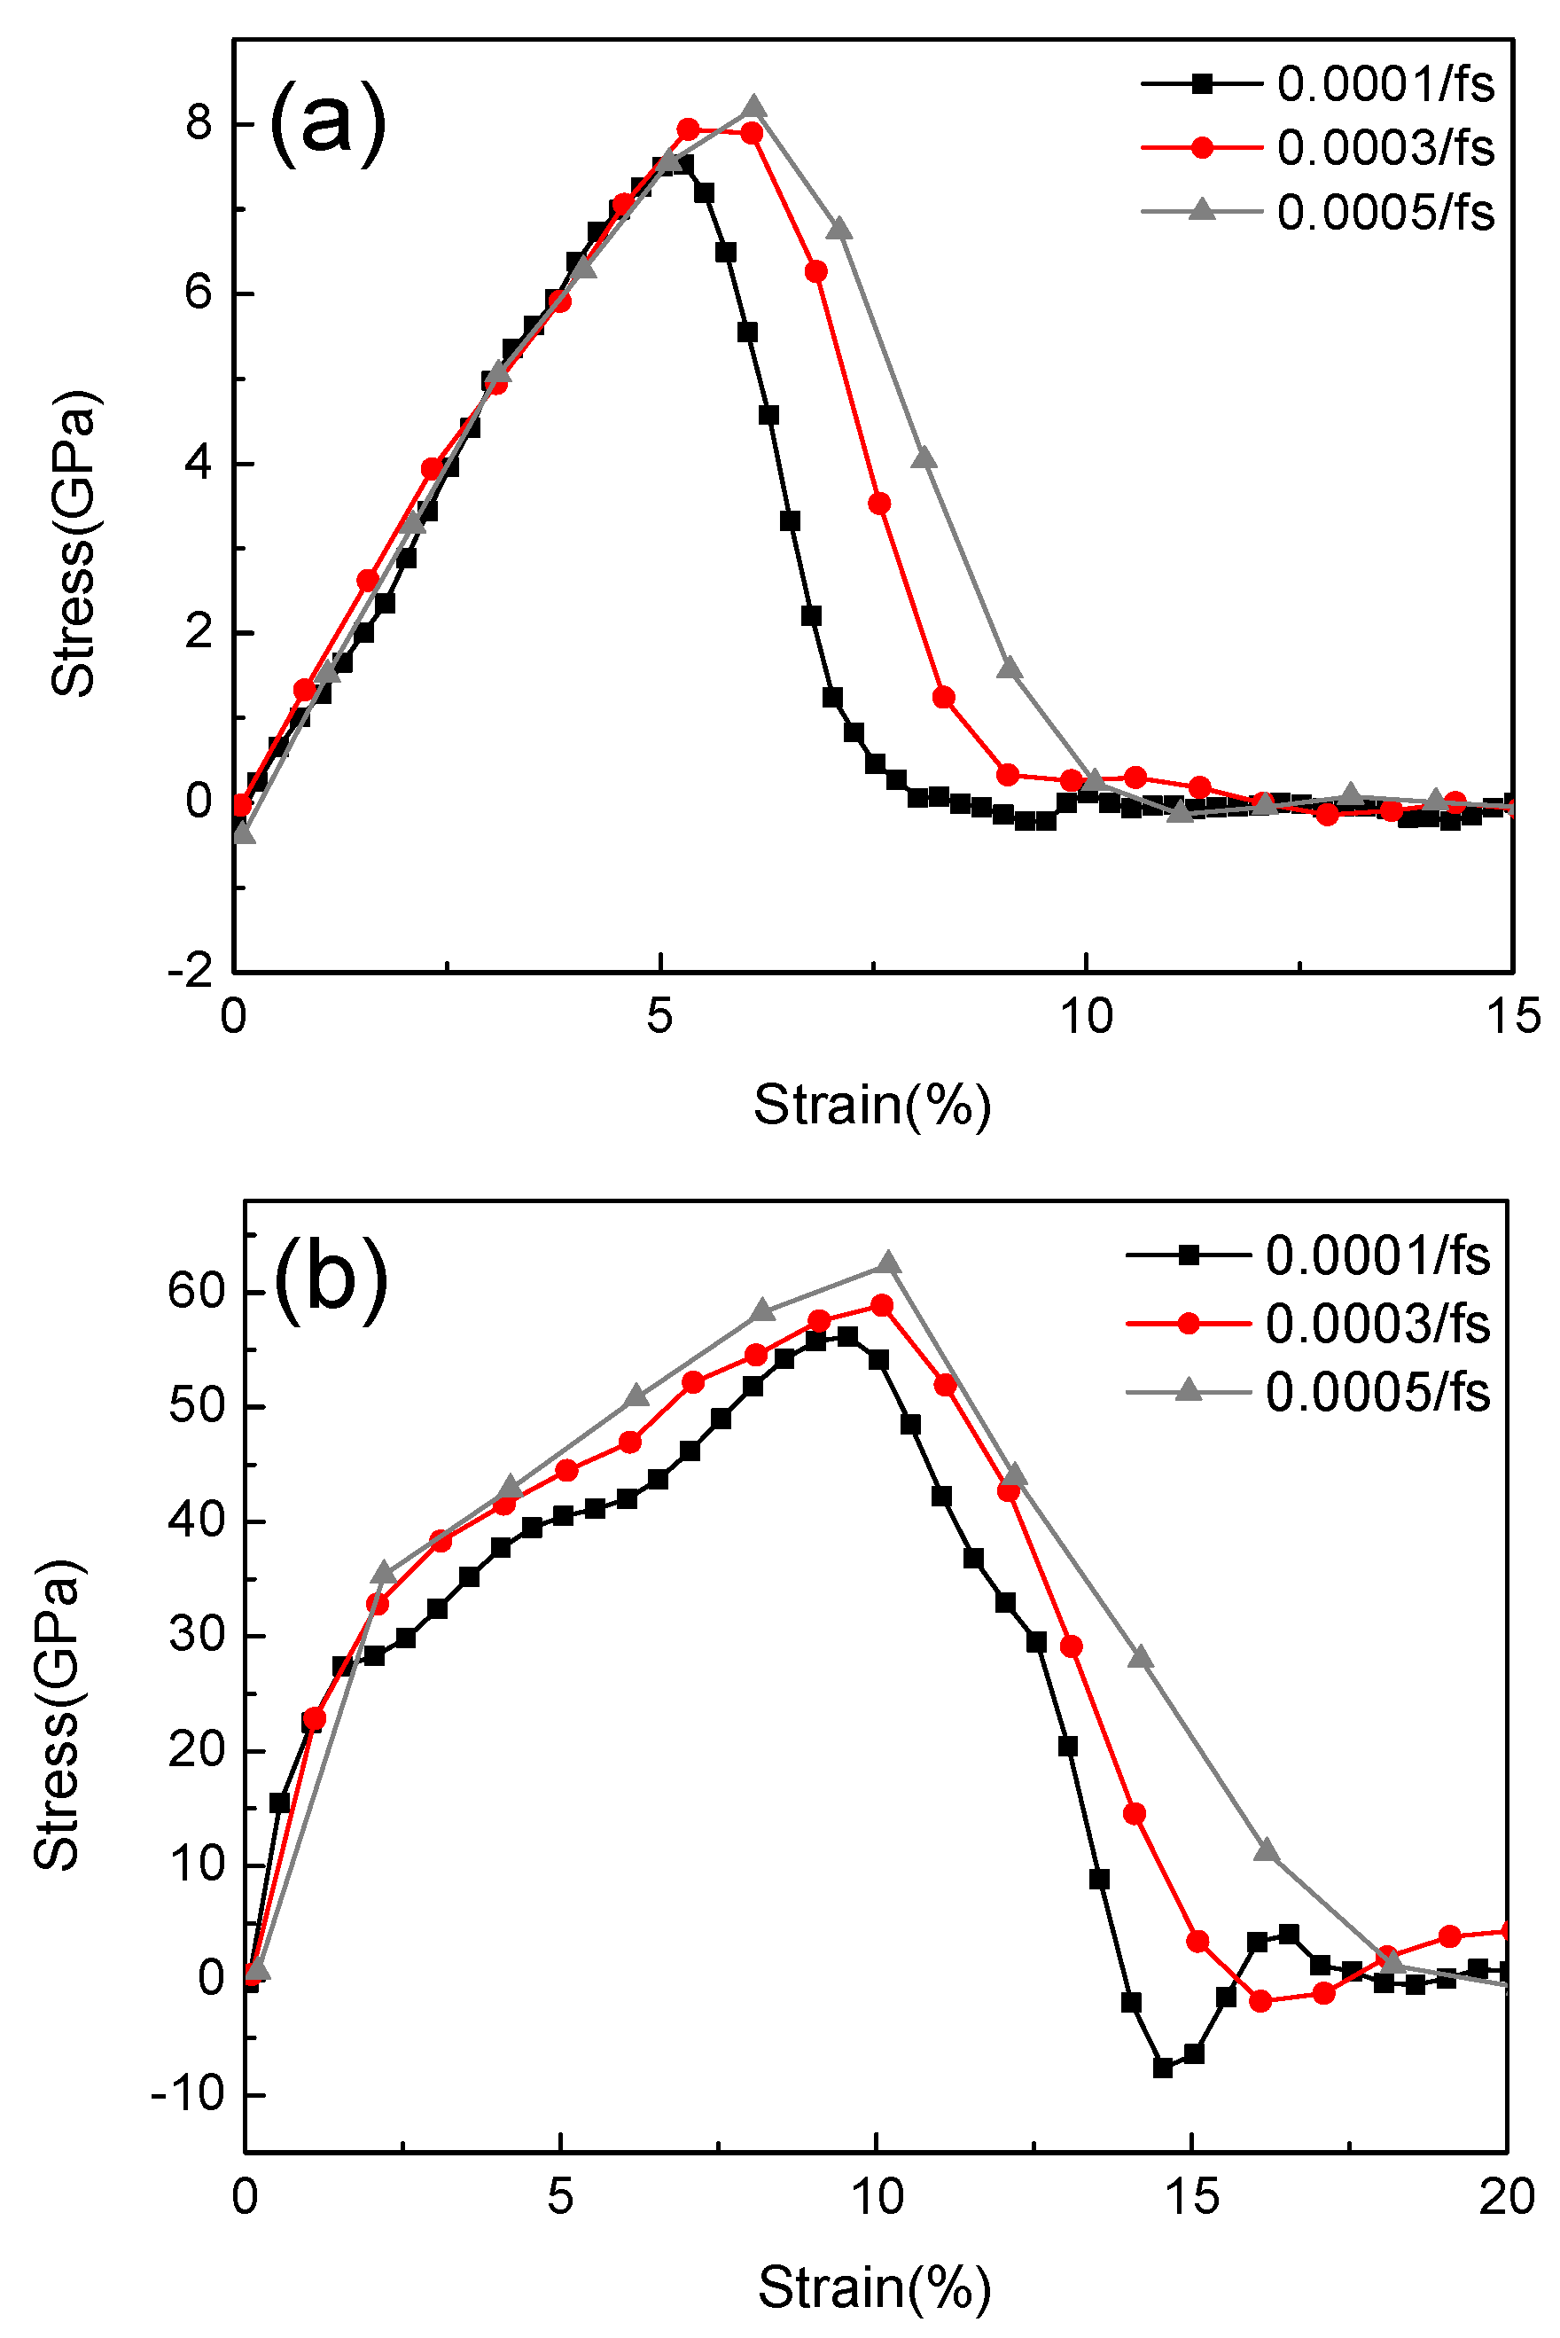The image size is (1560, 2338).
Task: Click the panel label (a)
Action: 327,123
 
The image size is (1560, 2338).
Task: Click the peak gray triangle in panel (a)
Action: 754,107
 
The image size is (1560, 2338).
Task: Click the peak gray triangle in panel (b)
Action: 888,1263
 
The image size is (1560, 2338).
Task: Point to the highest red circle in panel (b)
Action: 881,1305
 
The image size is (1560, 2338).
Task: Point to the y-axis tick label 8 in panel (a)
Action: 199,123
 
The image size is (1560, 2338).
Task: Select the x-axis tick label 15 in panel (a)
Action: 1512,1018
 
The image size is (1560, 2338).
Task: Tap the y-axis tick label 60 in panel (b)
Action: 197,1292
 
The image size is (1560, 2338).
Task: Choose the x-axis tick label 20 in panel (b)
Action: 1506,2198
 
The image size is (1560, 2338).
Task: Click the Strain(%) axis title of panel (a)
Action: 872,1105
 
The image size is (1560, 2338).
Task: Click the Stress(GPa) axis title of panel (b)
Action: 57,1716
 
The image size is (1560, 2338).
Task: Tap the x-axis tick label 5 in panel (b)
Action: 560,2198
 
